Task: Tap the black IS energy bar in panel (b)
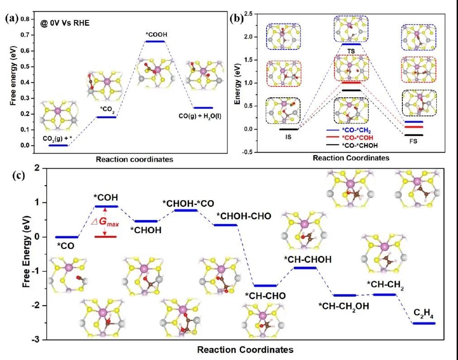point(289,129)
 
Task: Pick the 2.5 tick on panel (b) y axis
point(248,14)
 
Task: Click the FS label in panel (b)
point(414,141)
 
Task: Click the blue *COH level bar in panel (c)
point(105,206)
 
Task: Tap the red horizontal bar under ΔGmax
point(105,236)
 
